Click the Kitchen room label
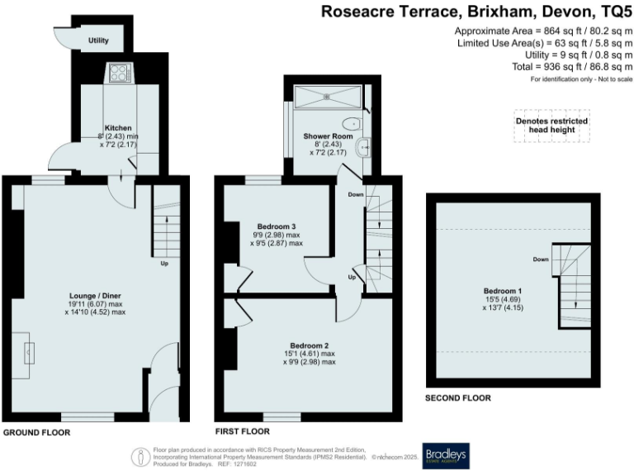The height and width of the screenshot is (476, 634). tap(118, 128)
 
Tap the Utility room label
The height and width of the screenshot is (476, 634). tap(100, 39)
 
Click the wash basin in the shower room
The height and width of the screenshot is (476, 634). tap(363, 149)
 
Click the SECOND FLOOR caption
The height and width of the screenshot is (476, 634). tap(457, 398)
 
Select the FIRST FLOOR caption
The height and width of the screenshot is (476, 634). tap(244, 432)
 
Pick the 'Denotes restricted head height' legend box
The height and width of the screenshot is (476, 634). tap(551, 126)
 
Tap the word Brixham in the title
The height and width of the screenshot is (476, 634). tap(465, 12)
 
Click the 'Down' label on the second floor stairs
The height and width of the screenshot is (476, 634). tap(541, 259)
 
